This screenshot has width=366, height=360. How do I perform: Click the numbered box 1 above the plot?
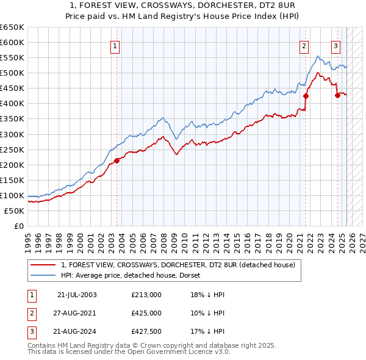[x=115, y=45]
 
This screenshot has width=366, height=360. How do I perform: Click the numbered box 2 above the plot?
[x=304, y=45]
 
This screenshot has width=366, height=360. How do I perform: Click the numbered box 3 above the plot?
[x=335, y=45]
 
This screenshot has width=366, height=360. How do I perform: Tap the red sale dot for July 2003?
[x=117, y=161]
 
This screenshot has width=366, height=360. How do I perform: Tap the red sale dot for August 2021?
[x=306, y=96]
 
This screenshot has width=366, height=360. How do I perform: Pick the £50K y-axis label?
[x=14, y=211]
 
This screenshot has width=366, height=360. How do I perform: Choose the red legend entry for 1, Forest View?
[x=178, y=265]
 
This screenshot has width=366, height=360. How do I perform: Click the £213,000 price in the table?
[x=146, y=294]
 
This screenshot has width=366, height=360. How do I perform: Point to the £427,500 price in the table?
[x=146, y=332]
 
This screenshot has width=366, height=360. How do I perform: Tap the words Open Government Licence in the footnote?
[x=176, y=352]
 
